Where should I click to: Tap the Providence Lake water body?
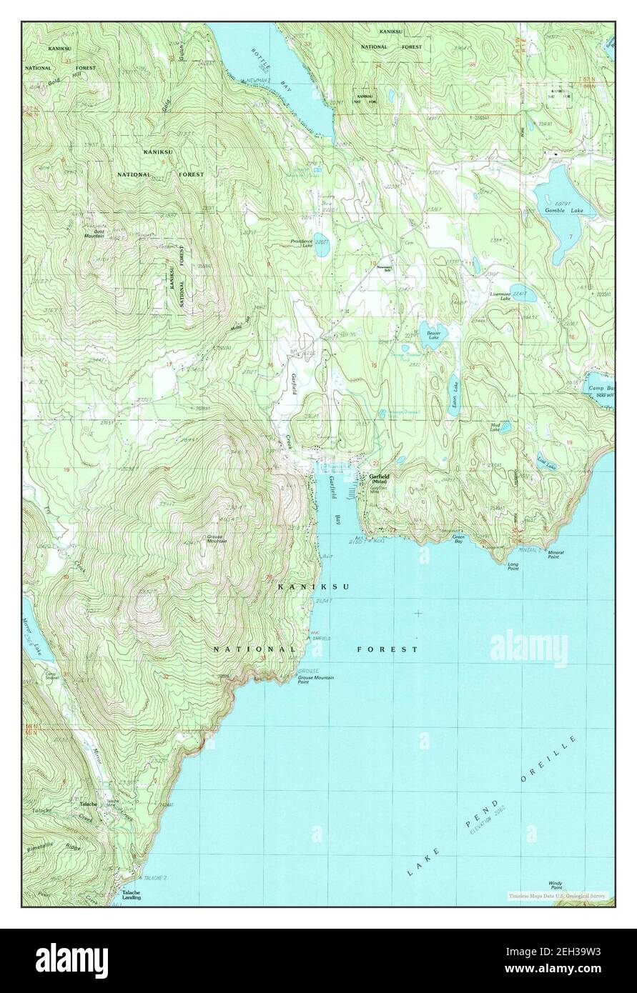(x=321, y=238)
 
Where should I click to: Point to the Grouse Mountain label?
(x=217, y=539)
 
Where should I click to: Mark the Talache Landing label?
(x=130, y=895)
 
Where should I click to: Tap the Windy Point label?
(x=555, y=884)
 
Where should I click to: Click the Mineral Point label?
(x=558, y=554)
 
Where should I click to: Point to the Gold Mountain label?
(x=94, y=234)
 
